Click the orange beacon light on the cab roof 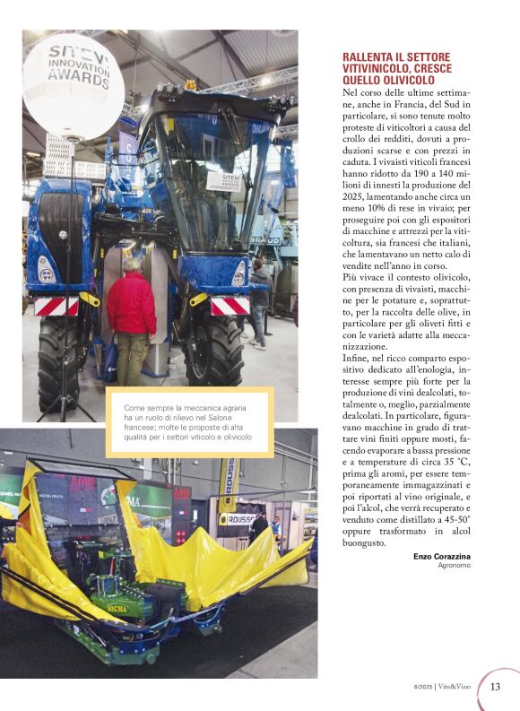click(189, 86)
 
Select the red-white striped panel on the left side click(56, 307)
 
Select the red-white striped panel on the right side click(229, 306)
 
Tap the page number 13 click(495, 687)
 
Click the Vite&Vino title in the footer click(455, 687)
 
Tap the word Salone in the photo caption click(201, 418)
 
